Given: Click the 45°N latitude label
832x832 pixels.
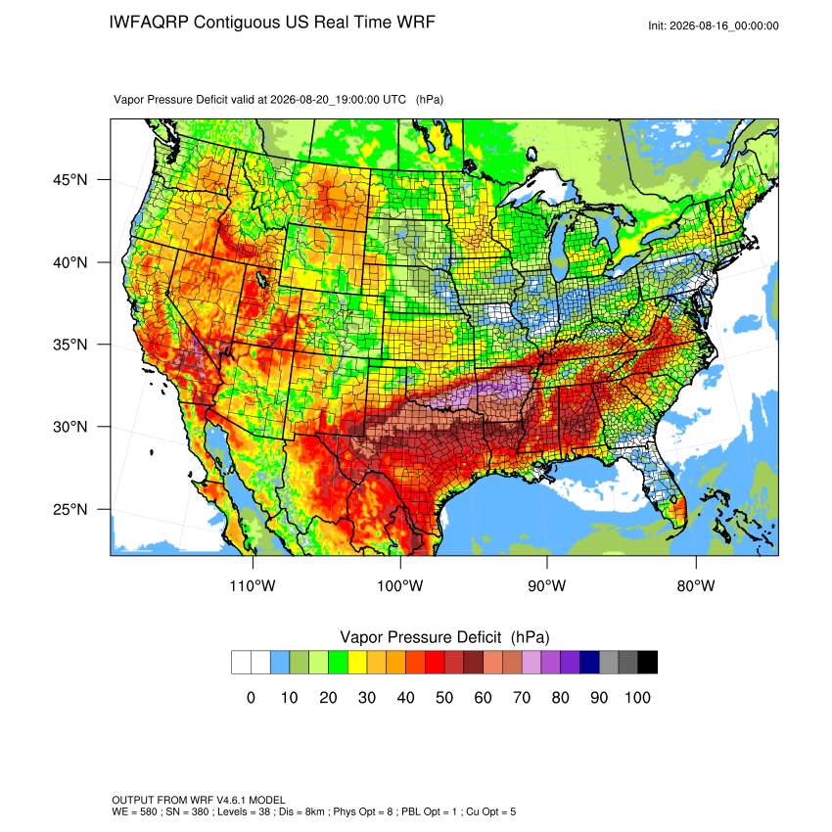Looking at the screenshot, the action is click(70, 180).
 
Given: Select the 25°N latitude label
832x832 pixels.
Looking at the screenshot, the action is click(70, 509).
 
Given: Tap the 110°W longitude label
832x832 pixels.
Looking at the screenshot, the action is click(253, 585).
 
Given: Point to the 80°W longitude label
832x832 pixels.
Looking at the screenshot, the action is click(696, 585).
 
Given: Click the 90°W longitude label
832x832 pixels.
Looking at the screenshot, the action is click(546, 585).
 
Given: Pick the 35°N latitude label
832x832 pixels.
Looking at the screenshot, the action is click(70, 345).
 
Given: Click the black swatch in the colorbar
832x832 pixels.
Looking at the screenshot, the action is click(647, 663).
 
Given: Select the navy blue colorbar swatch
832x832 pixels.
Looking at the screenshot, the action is click(589, 663).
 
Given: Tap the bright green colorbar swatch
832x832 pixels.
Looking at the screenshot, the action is click(338, 663).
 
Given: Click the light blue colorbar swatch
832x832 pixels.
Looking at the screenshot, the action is click(280, 663).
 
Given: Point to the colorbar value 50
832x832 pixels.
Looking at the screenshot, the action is click(444, 697).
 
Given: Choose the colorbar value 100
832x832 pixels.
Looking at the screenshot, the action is click(637, 697).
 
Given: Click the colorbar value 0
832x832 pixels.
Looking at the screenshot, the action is click(251, 697).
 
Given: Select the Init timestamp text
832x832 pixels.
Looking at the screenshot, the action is click(714, 25).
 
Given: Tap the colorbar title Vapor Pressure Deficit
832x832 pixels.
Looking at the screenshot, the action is click(420, 637).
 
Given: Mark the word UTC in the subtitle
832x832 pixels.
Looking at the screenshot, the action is click(394, 99).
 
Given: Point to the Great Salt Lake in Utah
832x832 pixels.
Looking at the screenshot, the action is click(261, 280).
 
